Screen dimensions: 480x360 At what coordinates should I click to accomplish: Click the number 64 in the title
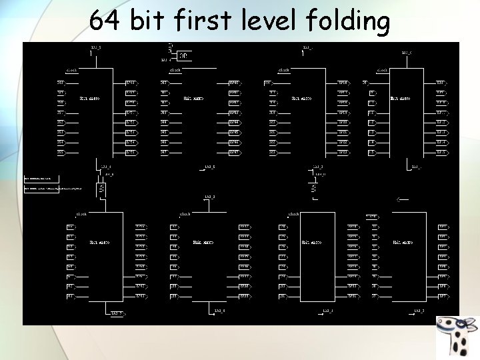coord(105,21)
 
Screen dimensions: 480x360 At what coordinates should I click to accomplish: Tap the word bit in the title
coord(149,21)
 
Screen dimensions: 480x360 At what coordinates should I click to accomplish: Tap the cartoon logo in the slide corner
coord(457,337)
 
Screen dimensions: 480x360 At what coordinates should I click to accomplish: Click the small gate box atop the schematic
coord(183,55)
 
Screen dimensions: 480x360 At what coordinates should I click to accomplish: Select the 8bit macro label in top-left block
coord(89,99)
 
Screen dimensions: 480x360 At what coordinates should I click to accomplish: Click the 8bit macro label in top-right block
coord(401,99)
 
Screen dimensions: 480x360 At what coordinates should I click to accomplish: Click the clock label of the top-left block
coord(71,69)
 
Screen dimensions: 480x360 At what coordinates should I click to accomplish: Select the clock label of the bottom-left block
coord(81,214)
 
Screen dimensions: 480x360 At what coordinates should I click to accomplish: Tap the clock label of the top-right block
coord(383,69)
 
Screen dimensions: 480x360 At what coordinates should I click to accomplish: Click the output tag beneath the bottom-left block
coord(117,312)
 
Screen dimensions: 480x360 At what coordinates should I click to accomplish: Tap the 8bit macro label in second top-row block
coord(193,99)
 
